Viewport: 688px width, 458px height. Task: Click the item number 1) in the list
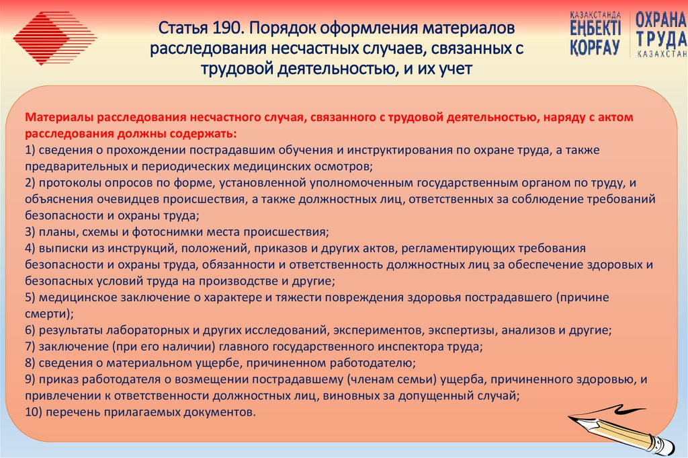(31, 149)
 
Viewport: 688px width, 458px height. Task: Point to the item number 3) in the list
(31, 232)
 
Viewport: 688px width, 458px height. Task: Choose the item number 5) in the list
(31, 297)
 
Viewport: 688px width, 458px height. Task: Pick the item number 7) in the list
(31, 347)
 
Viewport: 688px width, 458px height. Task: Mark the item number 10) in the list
(34, 412)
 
